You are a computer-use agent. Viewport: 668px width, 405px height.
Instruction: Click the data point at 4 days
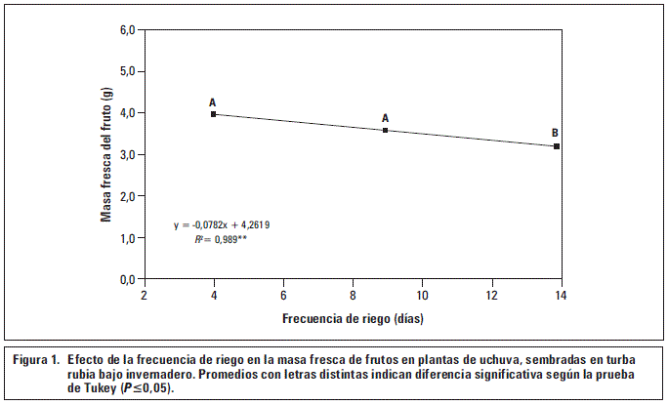pos(213,114)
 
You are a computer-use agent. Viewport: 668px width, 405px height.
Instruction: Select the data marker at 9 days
pos(386,130)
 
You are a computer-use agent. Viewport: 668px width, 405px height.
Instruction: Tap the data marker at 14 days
pos(557,146)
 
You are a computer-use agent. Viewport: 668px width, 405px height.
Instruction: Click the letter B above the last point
pos(555,133)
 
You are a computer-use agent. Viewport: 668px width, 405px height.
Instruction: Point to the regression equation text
pos(222,225)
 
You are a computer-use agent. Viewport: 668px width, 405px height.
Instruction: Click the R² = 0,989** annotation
pos(220,238)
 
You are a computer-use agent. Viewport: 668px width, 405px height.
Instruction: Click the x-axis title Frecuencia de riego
pos(353,318)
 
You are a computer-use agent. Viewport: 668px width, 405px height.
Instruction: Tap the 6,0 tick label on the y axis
pos(128,30)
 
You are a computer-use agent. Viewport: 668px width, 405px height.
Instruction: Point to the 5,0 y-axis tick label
pos(128,71)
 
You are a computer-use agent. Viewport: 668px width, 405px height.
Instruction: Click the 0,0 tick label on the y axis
pos(128,279)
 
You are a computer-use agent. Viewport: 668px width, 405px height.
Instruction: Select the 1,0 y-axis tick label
pos(128,238)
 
